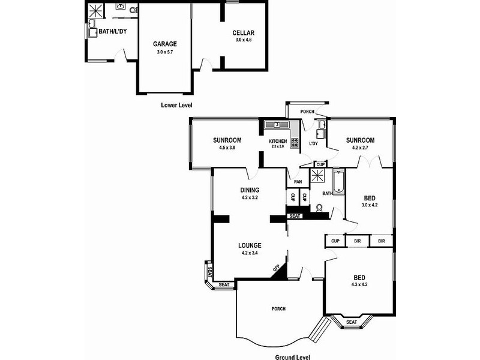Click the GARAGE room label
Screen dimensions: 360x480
[x=164, y=44]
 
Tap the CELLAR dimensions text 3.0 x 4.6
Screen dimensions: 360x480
[x=244, y=40]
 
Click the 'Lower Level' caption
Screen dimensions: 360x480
[x=176, y=105]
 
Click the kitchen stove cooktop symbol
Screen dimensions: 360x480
[x=295, y=143]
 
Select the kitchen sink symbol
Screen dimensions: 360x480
[x=277, y=125]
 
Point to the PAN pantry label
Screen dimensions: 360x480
[x=296, y=182]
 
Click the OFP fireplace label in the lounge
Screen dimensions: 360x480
[x=276, y=269]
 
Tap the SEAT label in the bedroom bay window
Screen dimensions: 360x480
[x=352, y=322]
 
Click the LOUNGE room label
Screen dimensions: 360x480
[x=249, y=245]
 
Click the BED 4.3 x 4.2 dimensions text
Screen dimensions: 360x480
[x=359, y=284]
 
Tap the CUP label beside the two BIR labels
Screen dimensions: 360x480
[x=335, y=241]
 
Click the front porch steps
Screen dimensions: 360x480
[x=322, y=331]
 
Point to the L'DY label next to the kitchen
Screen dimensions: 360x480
[x=313, y=144]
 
